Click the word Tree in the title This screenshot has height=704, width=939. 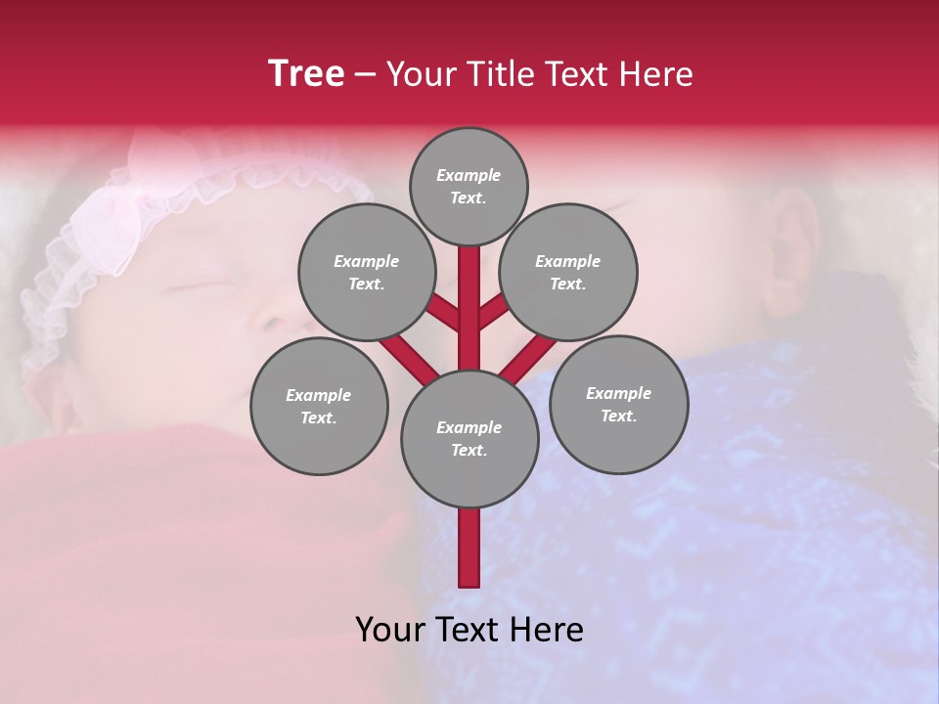pos(306,74)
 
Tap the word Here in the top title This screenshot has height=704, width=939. pos(654,74)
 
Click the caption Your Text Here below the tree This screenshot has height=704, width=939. pos(469,630)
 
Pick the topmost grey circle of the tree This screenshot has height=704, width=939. pos(469,187)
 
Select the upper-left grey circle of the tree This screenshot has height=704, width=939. pos(367,273)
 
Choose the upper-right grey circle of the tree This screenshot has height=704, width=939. pos(568,273)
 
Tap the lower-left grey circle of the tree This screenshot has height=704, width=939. pos(319,407)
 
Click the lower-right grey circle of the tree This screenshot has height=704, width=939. pos(618,405)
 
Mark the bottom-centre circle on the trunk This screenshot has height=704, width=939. pos(469,439)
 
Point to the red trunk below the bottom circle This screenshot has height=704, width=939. pos(469,548)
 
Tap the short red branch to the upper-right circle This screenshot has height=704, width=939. pos(493,312)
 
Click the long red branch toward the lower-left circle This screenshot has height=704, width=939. pos(409,357)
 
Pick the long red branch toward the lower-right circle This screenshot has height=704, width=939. pos(528,358)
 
